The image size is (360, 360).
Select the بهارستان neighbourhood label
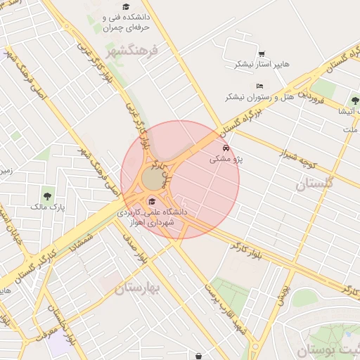click(x=138, y=288)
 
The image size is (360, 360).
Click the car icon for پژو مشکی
click(x=226, y=149)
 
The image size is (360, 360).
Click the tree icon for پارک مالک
click(x=48, y=195)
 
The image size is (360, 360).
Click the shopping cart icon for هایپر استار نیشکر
click(x=262, y=53)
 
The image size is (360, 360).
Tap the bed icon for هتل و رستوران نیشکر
click(x=260, y=86)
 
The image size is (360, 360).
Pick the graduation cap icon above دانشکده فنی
click(x=126, y=6)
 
